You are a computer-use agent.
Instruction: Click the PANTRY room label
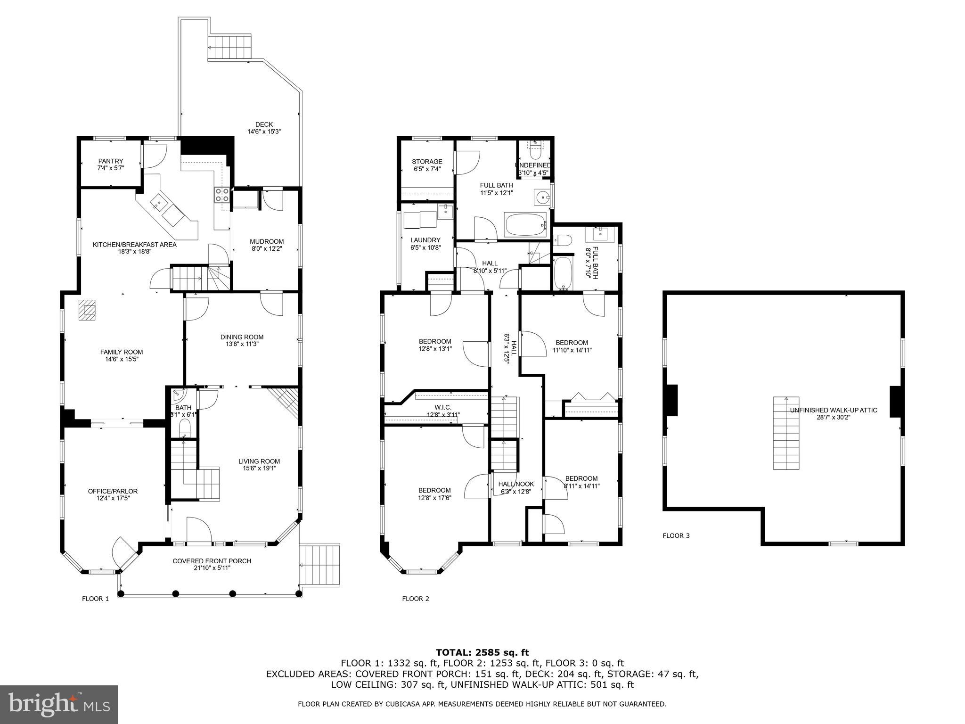(111, 161)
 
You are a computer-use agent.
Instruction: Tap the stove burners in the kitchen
(222, 195)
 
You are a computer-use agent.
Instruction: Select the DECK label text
(264, 124)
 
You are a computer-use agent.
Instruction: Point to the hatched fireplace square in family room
(87, 310)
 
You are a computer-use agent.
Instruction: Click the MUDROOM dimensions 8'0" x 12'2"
(267, 249)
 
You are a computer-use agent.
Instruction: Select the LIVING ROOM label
(259, 461)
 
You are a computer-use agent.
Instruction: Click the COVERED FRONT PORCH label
(212, 561)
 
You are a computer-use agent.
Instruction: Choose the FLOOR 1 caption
(95, 599)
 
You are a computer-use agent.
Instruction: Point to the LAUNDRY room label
(425, 240)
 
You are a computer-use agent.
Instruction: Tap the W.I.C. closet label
(443, 407)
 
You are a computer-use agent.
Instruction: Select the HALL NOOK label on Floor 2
(516, 484)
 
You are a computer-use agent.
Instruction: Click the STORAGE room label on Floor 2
(427, 162)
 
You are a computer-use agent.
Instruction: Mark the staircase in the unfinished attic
(786, 433)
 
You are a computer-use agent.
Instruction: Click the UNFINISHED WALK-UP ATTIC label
(833, 410)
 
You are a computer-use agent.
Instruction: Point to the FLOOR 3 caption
(676, 535)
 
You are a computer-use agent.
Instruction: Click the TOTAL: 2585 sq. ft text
(482, 652)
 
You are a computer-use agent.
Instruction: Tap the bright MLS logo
(59, 705)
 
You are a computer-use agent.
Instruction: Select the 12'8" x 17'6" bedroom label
(434, 490)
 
